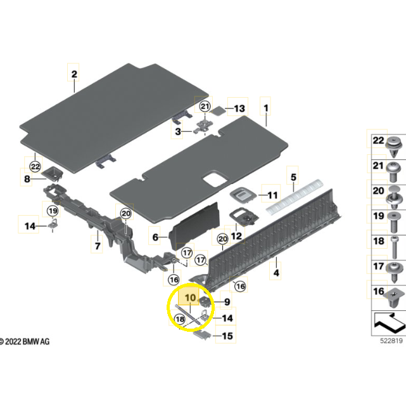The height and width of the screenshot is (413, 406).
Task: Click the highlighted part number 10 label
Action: (x=191, y=298)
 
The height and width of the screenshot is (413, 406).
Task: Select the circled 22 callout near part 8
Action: (x=35, y=166)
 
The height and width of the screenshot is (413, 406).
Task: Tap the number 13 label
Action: (x=239, y=108)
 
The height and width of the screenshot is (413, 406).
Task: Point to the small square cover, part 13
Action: (x=218, y=110)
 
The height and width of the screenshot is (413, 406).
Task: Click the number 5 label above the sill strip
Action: (x=293, y=177)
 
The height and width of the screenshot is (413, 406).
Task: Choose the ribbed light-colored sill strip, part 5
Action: (x=295, y=196)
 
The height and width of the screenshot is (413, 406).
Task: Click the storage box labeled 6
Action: (x=194, y=226)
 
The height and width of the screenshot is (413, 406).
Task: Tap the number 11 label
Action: (x=273, y=195)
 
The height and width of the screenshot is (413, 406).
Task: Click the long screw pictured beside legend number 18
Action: (x=395, y=247)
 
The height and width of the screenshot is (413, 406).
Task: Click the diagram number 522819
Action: (x=391, y=341)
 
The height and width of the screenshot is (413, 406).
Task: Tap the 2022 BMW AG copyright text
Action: (x=25, y=341)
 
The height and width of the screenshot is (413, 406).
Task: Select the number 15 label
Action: (x=227, y=336)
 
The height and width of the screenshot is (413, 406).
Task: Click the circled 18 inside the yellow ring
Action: (x=180, y=320)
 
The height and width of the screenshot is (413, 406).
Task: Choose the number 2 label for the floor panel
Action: (x=74, y=74)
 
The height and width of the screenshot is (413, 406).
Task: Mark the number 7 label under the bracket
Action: (x=98, y=246)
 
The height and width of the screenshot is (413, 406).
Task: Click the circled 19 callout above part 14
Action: (x=53, y=211)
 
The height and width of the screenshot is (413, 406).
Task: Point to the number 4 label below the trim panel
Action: (x=276, y=273)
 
